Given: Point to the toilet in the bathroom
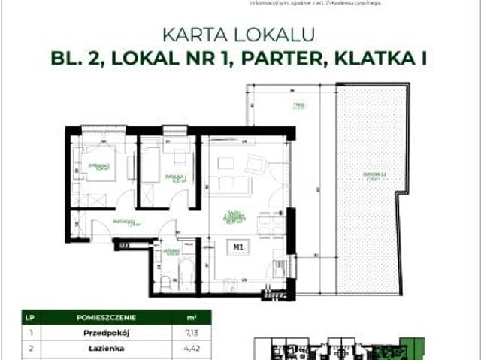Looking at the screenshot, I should tap(165, 282).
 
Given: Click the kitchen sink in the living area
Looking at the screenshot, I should tap(280, 265).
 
